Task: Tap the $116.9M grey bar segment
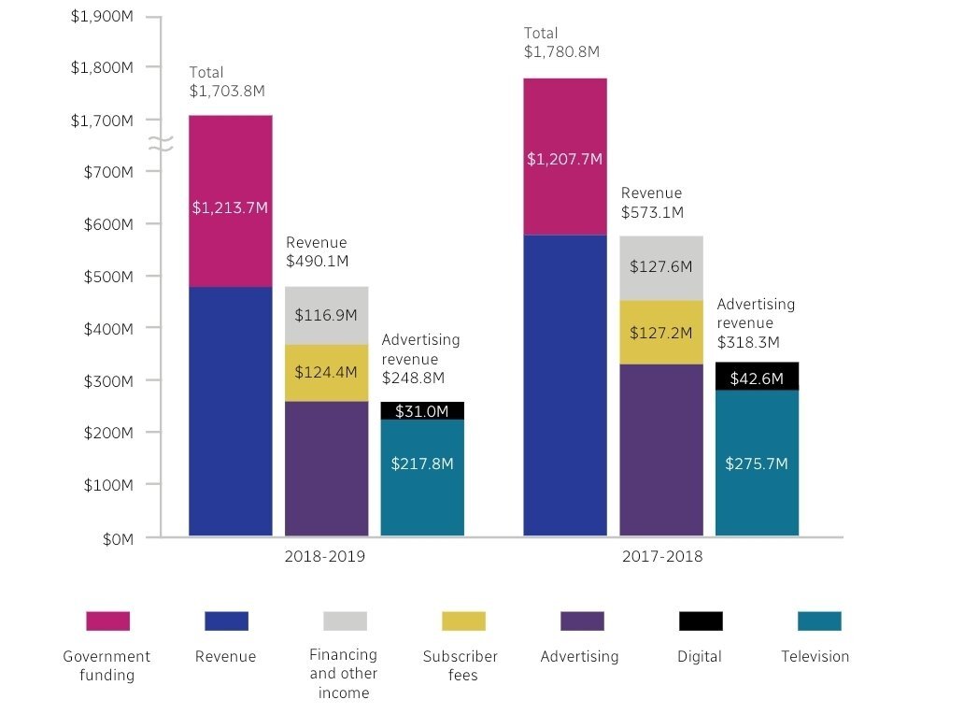[326, 316]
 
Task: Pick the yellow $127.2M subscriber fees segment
[660, 333]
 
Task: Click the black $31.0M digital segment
[422, 411]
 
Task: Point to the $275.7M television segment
[757, 463]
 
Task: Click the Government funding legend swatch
[107, 621]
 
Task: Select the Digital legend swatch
[701, 621]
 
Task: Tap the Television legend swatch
[819, 621]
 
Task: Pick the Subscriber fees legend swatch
[463, 621]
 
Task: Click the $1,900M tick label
[102, 16]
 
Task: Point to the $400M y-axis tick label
[108, 329]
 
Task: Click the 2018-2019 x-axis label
[325, 557]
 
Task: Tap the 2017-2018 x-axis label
[662, 557]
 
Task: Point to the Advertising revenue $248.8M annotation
[420, 360]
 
